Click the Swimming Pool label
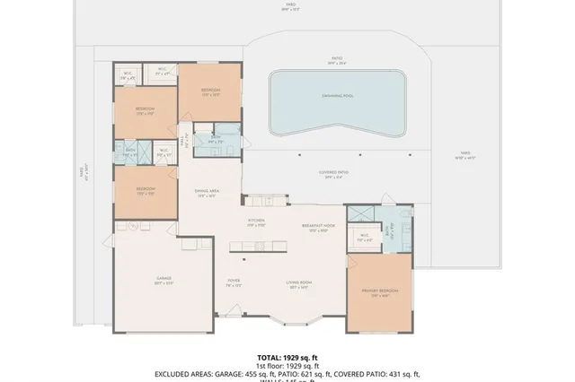tap(336, 94)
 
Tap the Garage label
tap(163, 282)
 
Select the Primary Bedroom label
tap(380, 293)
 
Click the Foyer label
tap(233, 282)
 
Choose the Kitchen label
tap(256, 221)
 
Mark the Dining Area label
tap(208, 193)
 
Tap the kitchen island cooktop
tap(259, 245)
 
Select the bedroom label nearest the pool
tap(210, 91)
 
